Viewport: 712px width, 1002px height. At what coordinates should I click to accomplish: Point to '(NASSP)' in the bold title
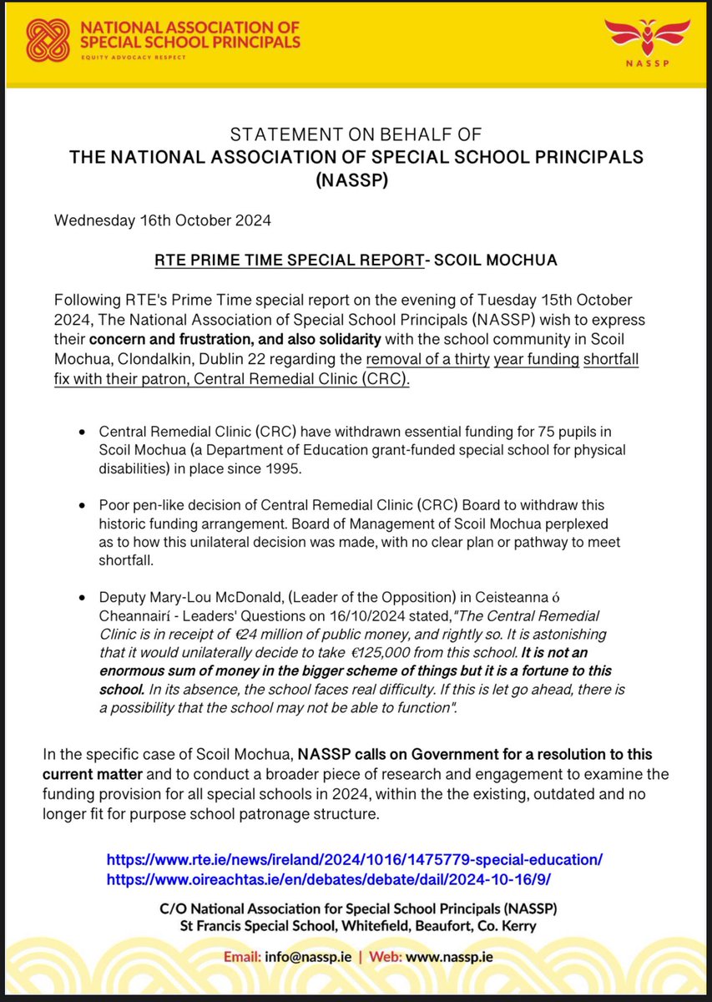[356, 179]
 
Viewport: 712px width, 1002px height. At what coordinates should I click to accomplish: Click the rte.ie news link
[354, 858]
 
